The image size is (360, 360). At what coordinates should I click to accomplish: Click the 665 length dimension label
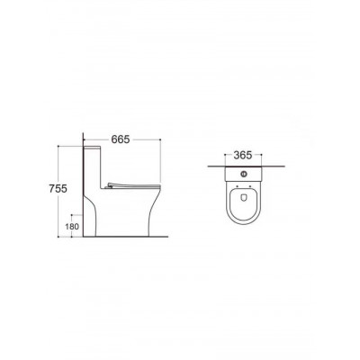point(121,139)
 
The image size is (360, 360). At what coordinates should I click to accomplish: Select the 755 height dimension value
point(58,189)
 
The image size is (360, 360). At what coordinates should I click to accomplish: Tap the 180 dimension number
point(72,226)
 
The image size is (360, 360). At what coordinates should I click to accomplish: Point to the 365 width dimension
point(243,155)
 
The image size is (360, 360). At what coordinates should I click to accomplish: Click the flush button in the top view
point(244,173)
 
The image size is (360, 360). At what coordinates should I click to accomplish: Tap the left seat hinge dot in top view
point(237,186)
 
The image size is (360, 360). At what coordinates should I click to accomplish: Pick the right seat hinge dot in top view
point(250,186)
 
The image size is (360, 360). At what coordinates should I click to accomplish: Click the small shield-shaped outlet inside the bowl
point(244,197)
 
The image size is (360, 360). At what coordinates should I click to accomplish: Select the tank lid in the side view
point(92,148)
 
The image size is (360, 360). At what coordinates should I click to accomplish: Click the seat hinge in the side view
point(110,186)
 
